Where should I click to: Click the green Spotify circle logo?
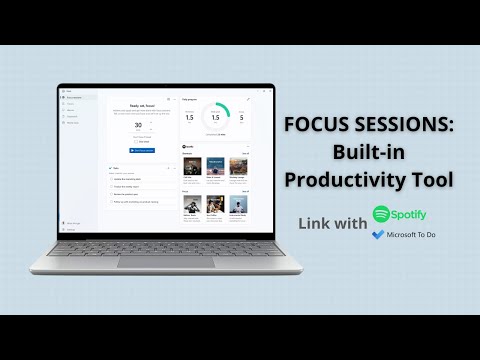381,214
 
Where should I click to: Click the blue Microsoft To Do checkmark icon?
377,234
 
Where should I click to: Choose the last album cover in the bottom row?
238,203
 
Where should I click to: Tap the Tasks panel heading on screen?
117,168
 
